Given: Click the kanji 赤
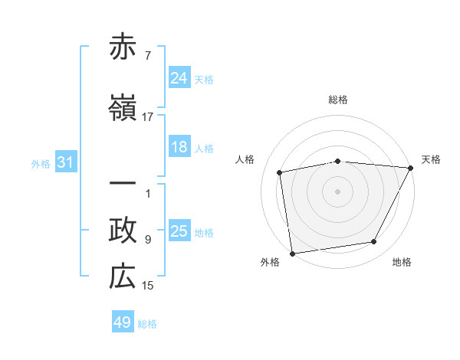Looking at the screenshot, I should [x=123, y=47].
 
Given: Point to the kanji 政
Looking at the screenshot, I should [x=123, y=231].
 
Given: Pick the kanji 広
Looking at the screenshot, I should [x=123, y=277].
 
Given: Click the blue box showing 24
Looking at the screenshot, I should [x=179, y=77].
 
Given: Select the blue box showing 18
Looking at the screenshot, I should [x=179, y=147].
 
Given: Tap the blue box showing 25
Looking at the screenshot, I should [x=179, y=231].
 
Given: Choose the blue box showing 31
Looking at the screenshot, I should [x=65, y=162].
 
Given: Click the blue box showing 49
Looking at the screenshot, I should [x=123, y=322].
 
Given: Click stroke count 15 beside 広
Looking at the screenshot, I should [x=147, y=286].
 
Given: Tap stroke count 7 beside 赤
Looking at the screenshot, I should [x=147, y=55].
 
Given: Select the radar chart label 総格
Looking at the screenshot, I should [x=338, y=100].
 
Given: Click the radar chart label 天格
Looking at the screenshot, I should [x=431, y=159].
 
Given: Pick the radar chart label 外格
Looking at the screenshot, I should [x=270, y=262].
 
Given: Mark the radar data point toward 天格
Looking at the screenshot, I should [x=411, y=167].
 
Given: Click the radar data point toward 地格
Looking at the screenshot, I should [x=374, y=242].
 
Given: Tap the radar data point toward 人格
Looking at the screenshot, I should [x=280, y=172].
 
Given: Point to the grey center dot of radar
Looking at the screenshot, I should [x=338, y=191].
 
